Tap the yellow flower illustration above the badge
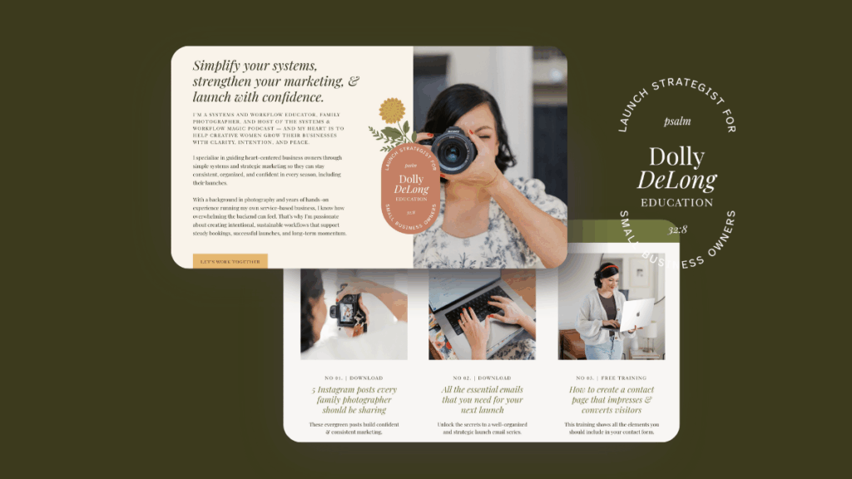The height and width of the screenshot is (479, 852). pyautogui.click(x=392, y=111)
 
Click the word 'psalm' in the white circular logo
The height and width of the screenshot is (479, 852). pyautogui.click(x=677, y=121)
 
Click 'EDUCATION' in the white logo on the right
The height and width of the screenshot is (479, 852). pyautogui.click(x=676, y=202)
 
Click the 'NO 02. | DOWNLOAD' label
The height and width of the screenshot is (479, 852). pyautogui.click(x=482, y=378)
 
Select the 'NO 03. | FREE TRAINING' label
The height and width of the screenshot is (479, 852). pyautogui.click(x=611, y=378)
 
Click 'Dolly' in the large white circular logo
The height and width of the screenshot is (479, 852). pyautogui.click(x=676, y=157)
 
